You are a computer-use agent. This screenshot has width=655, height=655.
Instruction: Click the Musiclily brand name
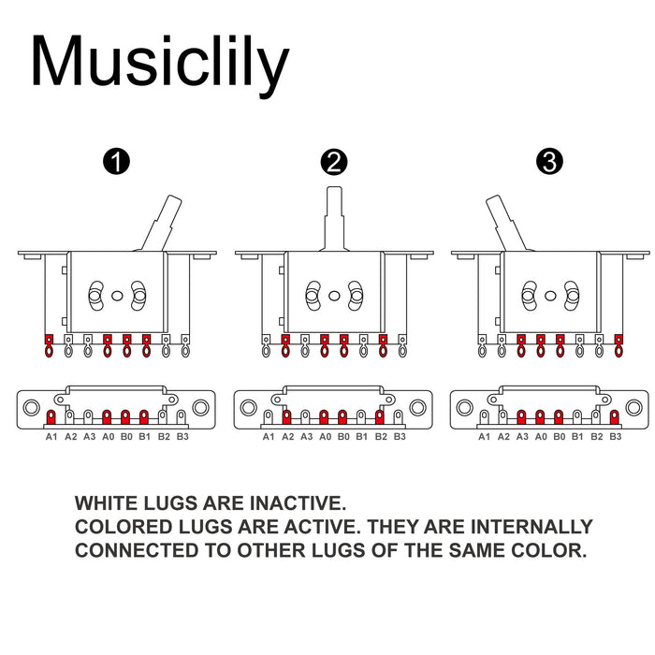click(159, 62)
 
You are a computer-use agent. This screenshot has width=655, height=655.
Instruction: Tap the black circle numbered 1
click(117, 162)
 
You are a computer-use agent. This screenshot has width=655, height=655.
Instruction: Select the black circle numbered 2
click(333, 162)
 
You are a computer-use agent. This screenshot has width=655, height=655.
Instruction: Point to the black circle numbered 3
click(550, 162)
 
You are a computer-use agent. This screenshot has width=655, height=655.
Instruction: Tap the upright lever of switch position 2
click(333, 211)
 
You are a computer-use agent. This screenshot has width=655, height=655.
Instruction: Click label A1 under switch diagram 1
click(51, 436)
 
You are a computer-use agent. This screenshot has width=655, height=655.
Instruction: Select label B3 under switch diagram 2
click(400, 436)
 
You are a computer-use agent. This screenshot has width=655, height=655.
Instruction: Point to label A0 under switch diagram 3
click(541, 436)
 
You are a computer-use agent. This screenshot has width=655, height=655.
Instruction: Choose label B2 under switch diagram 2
click(381, 436)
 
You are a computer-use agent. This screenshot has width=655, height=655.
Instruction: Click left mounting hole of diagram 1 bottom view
click(32, 409)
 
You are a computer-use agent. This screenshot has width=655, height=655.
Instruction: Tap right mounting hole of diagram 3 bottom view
click(633, 409)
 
